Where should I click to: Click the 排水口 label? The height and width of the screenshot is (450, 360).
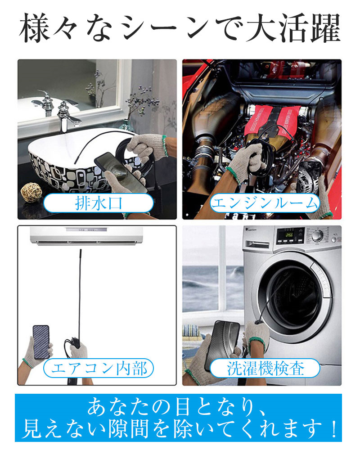pos(99,203)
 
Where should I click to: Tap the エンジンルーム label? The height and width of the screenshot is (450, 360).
pos(265,203)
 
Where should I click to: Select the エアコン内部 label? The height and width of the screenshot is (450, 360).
pos(99,368)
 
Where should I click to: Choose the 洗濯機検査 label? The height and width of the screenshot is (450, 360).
pos(265,368)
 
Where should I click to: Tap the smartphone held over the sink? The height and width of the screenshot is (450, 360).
pos(121,172)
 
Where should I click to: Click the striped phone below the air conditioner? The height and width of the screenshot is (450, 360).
pos(41,342)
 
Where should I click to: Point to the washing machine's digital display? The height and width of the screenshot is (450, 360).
pos(289,235)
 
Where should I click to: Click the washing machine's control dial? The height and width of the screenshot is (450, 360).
pos(317,235)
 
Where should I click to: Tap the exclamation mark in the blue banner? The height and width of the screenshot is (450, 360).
pos(333,429)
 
